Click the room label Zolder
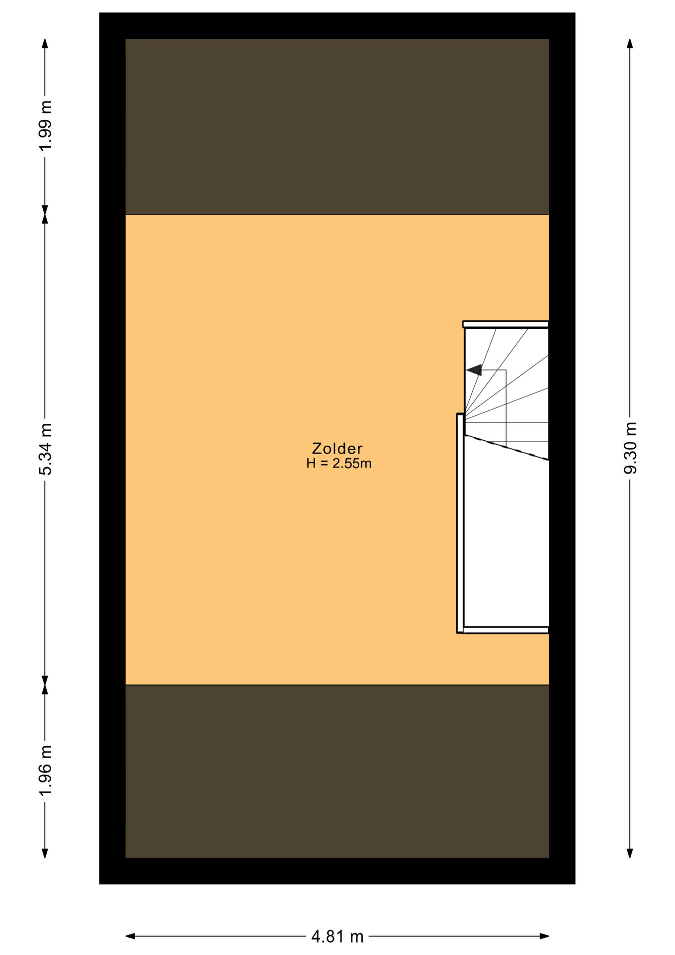point(337,448)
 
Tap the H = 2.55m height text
point(338,464)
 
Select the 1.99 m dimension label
point(45,126)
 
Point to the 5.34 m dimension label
point(45,449)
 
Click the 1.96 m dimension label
point(45,770)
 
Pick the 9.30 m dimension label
point(630,448)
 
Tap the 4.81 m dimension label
point(337,937)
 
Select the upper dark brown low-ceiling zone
point(337,126)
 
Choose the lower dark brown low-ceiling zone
point(337,771)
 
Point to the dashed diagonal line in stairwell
point(506,448)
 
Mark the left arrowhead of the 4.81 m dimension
point(130,936)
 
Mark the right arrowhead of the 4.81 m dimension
point(544,936)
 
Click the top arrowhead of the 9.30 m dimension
point(630,43)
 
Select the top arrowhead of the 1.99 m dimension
point(45,43)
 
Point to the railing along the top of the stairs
point(506,324)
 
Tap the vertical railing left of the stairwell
point(460,523)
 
